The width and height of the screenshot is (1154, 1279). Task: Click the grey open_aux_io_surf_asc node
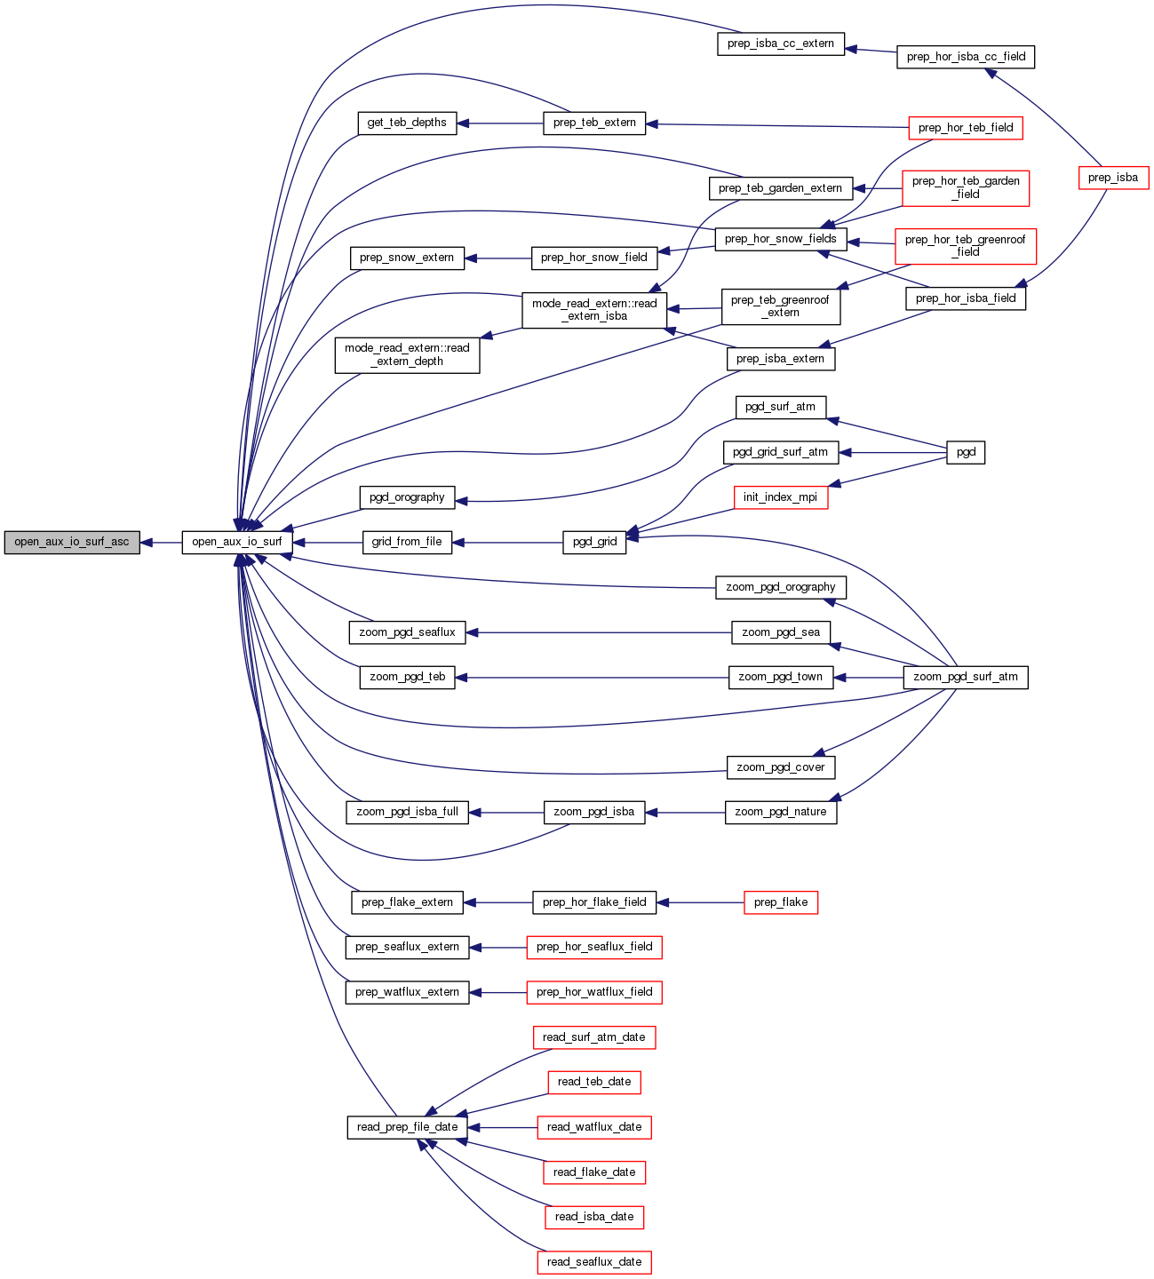pyautogui.click(x=72, y=542)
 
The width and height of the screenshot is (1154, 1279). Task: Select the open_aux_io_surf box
pyautogui.click(x=237, y=542)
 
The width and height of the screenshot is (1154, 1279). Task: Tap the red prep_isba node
pyautogui.click(x=1113, y=178)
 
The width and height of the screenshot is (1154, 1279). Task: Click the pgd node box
pyautogui.click(x=966, y=452)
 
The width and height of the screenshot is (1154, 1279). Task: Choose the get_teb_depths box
pyautogui.click(x=407, y=123)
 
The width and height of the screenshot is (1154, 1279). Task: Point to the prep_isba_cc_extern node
pyautogui.click(x=781, y=44)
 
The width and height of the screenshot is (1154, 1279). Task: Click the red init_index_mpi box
pyautogui.click(x=781, y=497)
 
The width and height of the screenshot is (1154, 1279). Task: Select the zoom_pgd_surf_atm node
pyautogui.click(x=966, y=677)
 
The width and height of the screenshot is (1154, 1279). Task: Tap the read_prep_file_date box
pyautogui.click(x=407, y=1127)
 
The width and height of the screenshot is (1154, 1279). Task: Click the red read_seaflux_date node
pyautogui.click(x=594, y=1262)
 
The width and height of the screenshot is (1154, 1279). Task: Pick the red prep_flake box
pyautogui.click(x=781, y=902)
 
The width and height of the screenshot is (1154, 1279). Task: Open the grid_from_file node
pyautogui.click(x=407, y=542)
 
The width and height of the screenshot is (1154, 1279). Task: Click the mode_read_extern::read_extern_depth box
pyautogui.click(x=407, y=354)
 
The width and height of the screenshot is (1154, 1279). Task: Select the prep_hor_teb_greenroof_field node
pyautogui.click(x=966, y=245)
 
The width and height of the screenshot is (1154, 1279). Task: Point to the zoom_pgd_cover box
pyautogui.click(x=781, y=767)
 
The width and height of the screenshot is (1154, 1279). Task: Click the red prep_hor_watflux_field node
pyautogui.click(x=594, y=992)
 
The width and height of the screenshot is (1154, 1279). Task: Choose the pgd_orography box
pyautogui.click(x=407, y=497)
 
